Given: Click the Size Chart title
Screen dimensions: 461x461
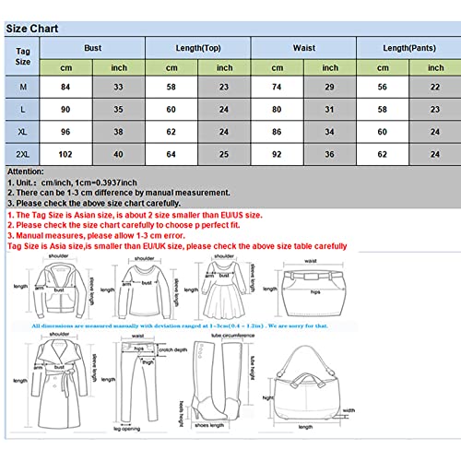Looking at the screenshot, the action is click(33, 29).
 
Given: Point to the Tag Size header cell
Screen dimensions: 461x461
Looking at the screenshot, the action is click(22, 54).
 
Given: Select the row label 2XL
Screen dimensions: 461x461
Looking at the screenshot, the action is click(22, 153).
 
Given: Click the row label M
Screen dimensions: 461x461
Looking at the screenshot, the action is click(22, 86).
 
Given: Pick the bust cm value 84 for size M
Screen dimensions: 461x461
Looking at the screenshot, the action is click(66, 86).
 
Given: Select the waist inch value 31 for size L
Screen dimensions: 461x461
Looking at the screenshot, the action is click(330, 109).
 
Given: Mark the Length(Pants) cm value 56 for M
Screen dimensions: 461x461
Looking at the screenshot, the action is click(382, 86).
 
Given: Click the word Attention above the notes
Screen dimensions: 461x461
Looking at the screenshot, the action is click(28, 171).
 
